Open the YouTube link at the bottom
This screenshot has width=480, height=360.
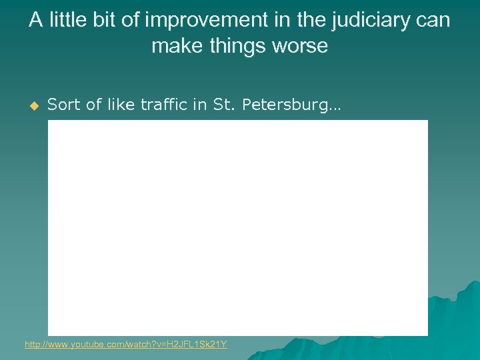pyautogui.click(x=125, y=345)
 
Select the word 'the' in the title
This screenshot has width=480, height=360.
pyautogui.click(x=311, y=21)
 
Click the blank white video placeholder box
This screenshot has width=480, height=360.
pyautogui.click(x=237, y=227)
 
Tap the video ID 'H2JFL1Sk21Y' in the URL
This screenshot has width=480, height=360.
pyautogui.click(x=199, y=345)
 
